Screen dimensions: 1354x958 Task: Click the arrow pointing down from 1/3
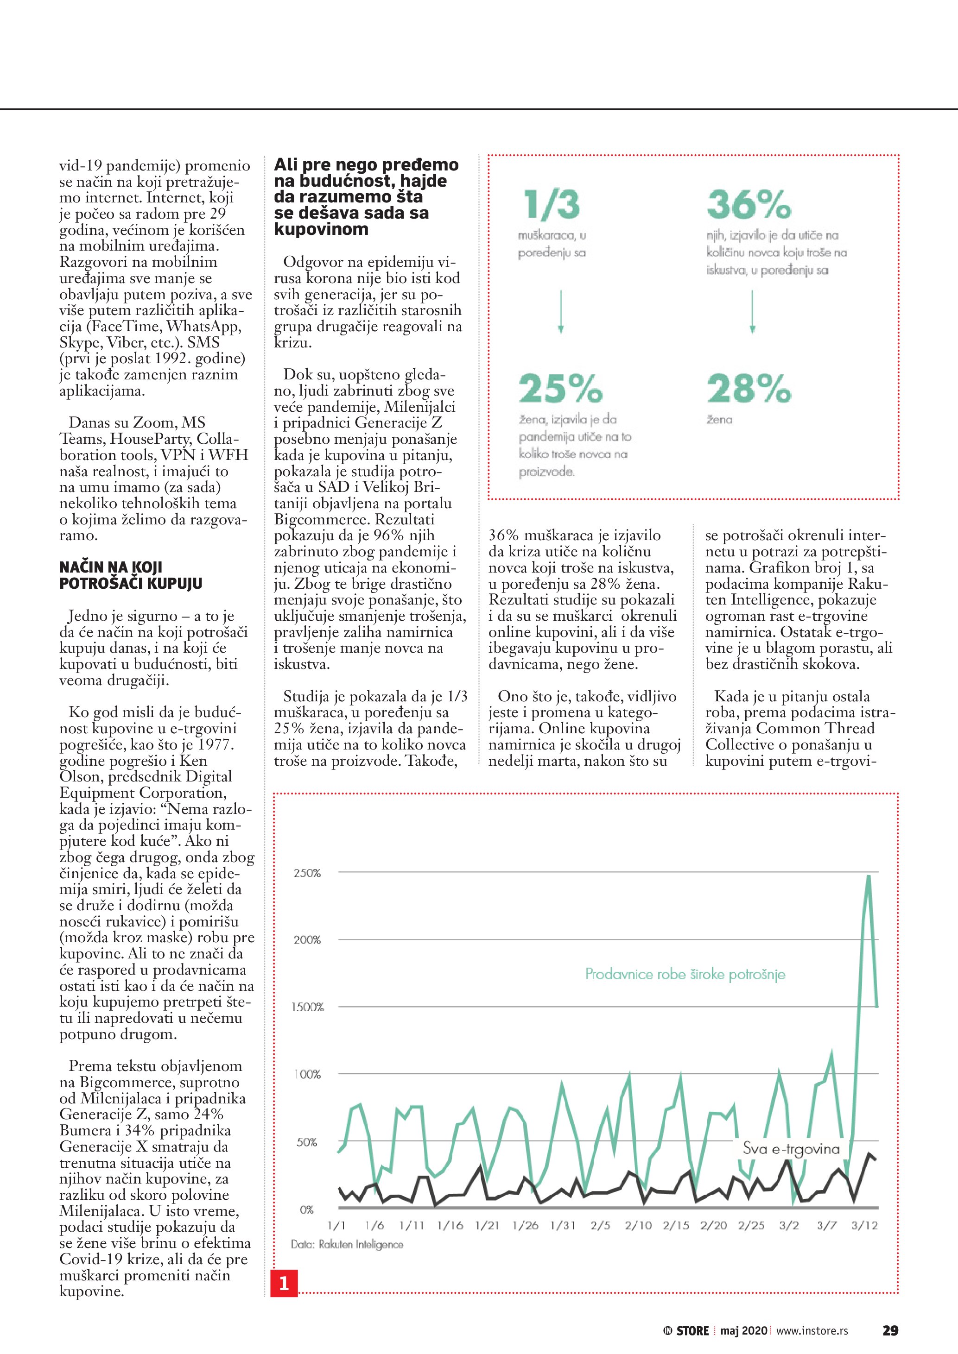[x=560, y=311]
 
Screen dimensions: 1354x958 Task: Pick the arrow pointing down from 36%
[x=752, y=311]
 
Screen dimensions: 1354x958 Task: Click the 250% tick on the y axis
[x=307, y=873]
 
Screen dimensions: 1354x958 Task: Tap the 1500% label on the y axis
[x=307, y=1007]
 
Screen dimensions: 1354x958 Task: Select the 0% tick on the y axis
[x=307, y=1210]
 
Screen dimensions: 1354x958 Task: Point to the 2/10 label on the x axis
[x=638, y=1225]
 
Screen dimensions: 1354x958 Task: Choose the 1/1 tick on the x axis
[x=336, y=1225]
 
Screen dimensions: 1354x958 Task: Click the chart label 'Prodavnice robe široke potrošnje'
[x=685, y=974]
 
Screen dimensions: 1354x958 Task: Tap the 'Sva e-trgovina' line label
[x=791, y=1149]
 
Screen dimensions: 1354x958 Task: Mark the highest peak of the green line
[x=869, y=876]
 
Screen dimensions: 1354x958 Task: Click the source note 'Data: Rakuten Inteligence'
[x=347, y=1244]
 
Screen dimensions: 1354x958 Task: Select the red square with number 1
[x=284, y=1283]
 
